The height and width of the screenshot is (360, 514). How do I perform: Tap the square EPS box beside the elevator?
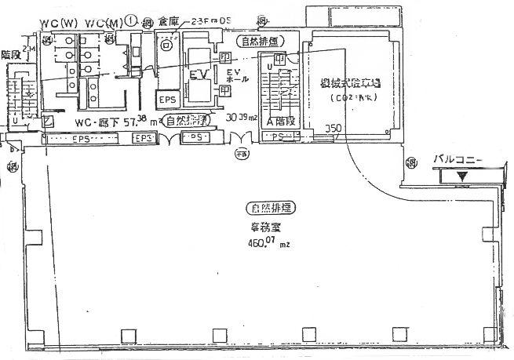(167, 100)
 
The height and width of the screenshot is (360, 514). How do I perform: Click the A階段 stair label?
(281, 122)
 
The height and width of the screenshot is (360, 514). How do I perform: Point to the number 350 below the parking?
(334, 129)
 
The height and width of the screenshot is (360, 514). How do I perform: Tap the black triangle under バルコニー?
(462, 176)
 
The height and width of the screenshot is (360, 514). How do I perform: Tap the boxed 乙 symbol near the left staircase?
(48, 121)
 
